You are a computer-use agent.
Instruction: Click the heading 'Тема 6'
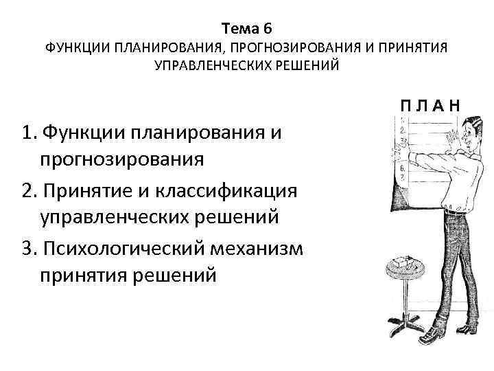click(247, 28)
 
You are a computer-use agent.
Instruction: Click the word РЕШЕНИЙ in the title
click(304, 67)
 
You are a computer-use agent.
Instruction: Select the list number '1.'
click(29, 132)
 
